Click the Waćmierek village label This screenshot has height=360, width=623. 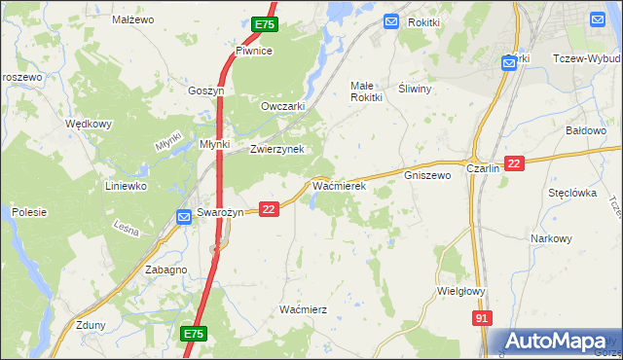(338, 185)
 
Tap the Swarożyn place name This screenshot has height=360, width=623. (219, 213)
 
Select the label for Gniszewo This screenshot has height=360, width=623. (427, 176)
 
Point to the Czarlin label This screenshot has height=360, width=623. (483, 167)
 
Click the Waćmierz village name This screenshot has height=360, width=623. (303, 308)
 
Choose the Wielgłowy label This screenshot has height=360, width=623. (462, 290)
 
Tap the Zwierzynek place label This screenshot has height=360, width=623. (277, 149)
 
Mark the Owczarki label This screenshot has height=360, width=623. (284, 106)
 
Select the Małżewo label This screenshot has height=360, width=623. (134, 18)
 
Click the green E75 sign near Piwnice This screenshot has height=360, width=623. (263, 24)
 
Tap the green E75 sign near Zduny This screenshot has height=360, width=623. (193, 334)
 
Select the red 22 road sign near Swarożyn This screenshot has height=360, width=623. (270, 208)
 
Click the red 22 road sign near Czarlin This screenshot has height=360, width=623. (515, 164)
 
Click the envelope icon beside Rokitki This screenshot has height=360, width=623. (391, 21)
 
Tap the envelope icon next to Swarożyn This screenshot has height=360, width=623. (184, 217)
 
